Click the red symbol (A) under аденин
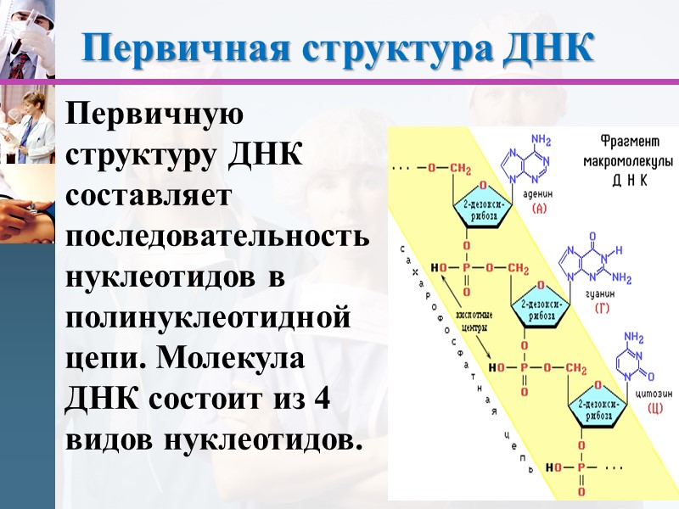click(538, 207)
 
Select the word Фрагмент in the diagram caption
click(618, 141)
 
